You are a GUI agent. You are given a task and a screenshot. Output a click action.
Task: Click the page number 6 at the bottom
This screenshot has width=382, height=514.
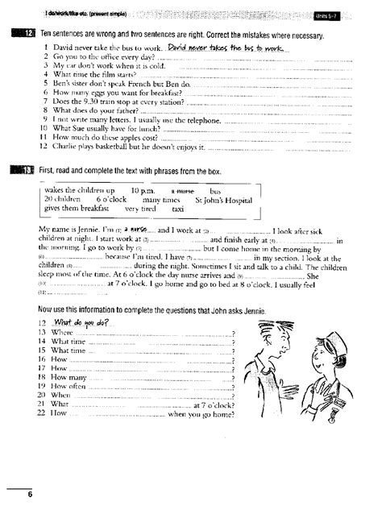pos(28,492)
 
